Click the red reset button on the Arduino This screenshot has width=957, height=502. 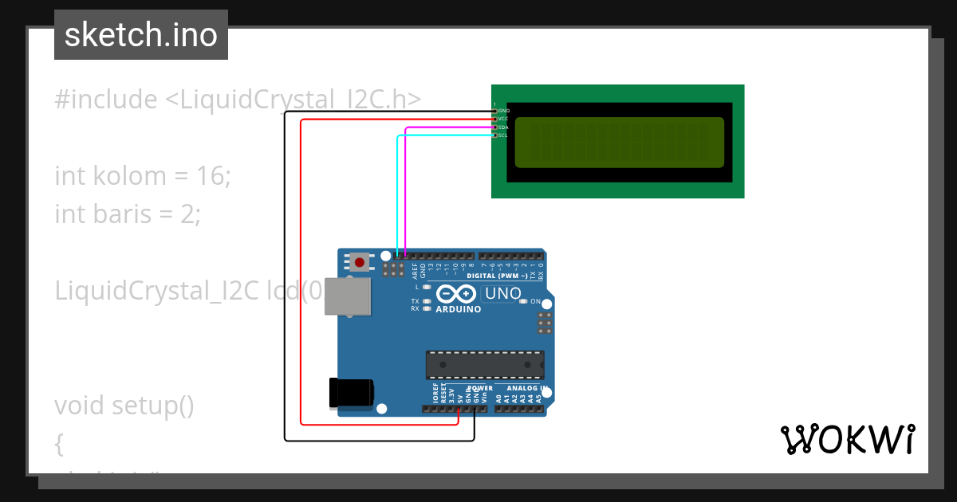[x=360, y=261]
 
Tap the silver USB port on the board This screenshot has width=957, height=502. [x=349, y=296]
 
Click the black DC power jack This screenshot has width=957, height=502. [x=351, y=392]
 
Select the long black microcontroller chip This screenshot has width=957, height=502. [x=485, y=364]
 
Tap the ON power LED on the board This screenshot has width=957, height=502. [x=524, y=301]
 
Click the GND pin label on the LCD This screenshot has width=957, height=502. [x=503, y=111]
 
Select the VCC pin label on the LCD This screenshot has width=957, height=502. [x=503, y=119]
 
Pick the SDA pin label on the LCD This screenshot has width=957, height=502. [x=503, y=127]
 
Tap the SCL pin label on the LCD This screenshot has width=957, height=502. [x=503, y=135]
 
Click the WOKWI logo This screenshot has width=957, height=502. [x=847, y=440]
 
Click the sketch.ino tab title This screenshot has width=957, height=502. [x=141, y=35]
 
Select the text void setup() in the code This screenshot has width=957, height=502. [x=124, y=406]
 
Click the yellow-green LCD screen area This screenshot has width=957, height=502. [x=619, y=143]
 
